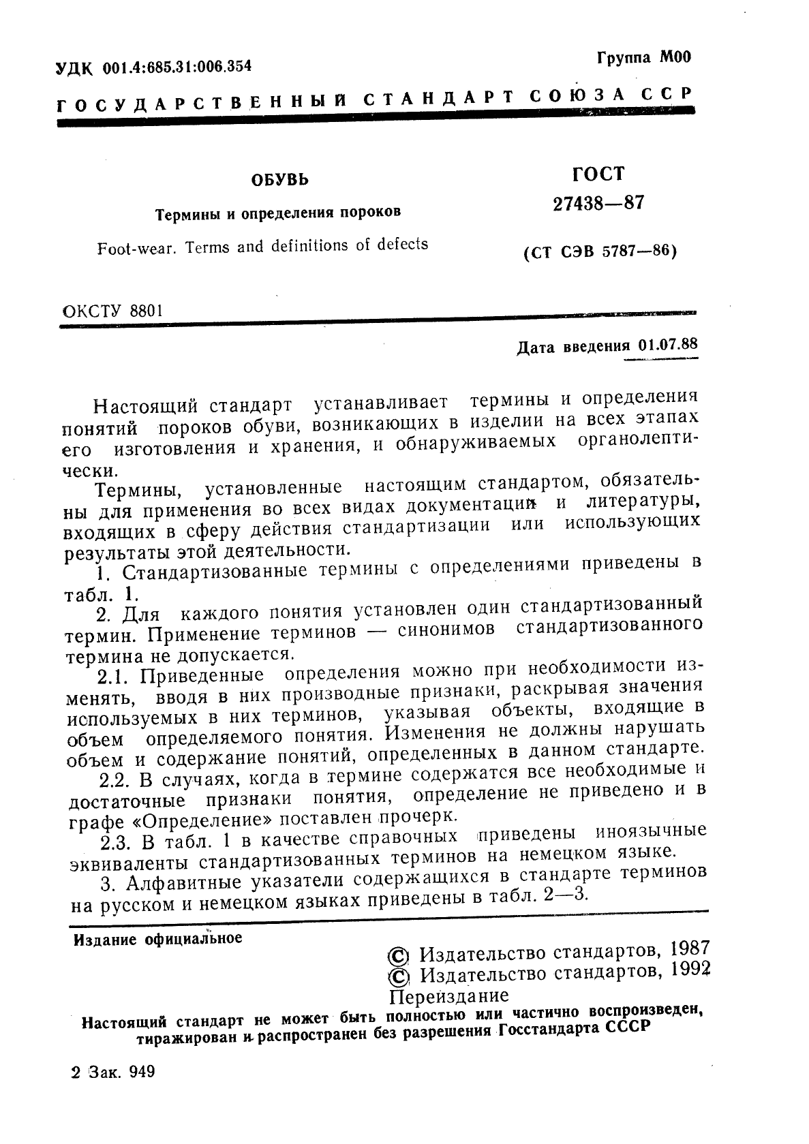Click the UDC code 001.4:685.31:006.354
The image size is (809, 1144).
pyautogui.click(x=177, y=67)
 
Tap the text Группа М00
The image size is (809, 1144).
pyautogui.click(x=643, y=57)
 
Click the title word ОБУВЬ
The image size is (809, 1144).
pyautogui.click(x=279, y=180)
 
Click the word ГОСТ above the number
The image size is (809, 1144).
pyautogui.click(x=598, y=174)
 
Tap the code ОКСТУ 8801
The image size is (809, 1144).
pyautogui.click(x=112, y=311)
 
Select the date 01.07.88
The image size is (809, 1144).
pyautogui.click(x=668, y=344)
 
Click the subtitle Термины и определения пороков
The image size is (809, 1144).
pyautogui.click(x=278, y=213)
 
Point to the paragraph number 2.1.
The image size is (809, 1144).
pyautogui.click(x=114, y=677)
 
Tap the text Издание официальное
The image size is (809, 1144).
pyautogui.click(x=157, y=939)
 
